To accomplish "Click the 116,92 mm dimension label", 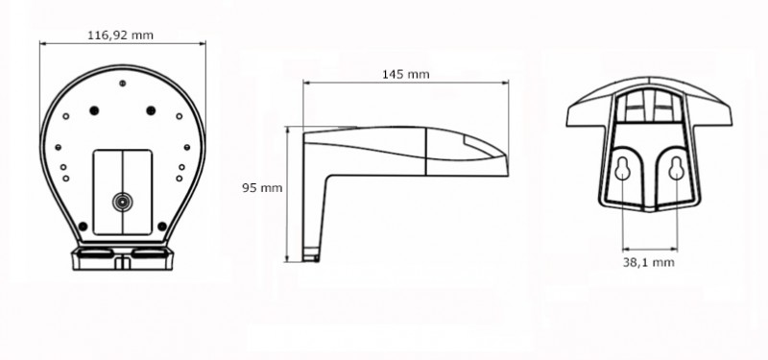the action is (x=120, y=36).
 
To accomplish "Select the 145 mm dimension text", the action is (x=405, y=74).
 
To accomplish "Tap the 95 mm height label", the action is (x=262, y=187).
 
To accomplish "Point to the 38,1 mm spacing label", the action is (x=649, y=262).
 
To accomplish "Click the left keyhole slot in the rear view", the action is (x=622, y=169).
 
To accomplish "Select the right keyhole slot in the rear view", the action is (x=677, y=169).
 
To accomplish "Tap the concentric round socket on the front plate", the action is (x=121, y=202).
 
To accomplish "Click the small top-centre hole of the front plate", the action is (x=123, y=84).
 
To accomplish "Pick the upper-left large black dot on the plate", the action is (x=94, y=110).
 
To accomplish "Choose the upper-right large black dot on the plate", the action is (x=151, y=110).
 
